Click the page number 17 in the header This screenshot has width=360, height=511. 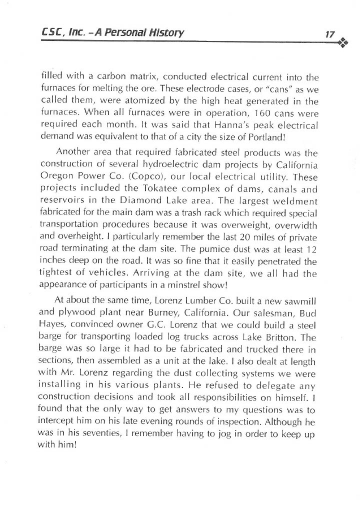(329, 34)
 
